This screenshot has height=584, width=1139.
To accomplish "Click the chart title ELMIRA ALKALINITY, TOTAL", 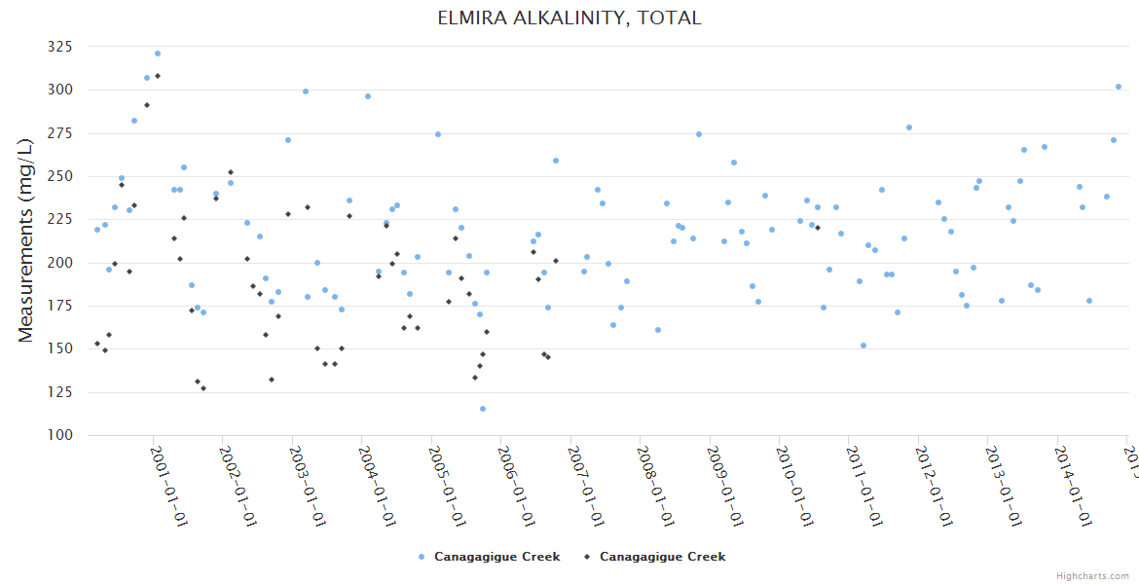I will coord(569,18).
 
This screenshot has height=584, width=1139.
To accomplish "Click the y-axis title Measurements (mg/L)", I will coord(26,240).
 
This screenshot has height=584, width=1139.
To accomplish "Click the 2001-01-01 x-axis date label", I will coord(168,486).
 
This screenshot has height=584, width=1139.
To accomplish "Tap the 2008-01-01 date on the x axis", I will coord(656,486).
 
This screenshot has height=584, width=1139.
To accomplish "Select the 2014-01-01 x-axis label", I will coord(1074,486).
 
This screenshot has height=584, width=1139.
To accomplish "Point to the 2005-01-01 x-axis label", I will coord(447,486).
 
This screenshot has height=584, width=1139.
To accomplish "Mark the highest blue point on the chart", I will coord(158,54).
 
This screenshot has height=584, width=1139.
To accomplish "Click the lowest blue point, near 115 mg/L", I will coord(483,409).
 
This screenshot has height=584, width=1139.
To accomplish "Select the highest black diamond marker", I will coord(158,76).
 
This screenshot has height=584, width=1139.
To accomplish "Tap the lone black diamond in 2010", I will coord(818,228).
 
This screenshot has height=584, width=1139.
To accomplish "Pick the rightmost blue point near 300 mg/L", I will coord(1119,87).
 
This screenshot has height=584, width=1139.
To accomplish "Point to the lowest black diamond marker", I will coord(203,388).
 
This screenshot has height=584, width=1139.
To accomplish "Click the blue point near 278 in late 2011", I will coord(909,128).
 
